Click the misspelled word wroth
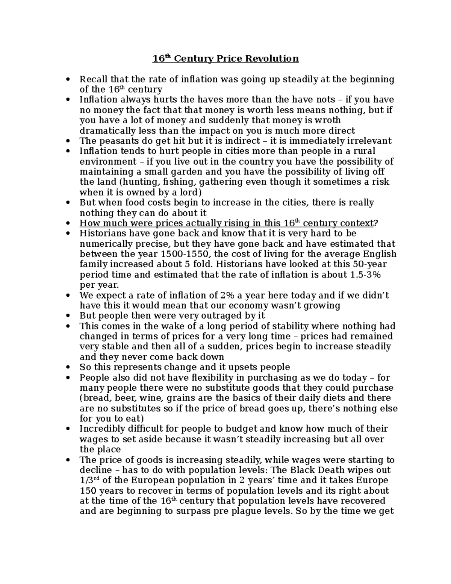click(x=327, y=120)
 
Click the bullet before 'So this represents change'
click(x=68, y=367)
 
